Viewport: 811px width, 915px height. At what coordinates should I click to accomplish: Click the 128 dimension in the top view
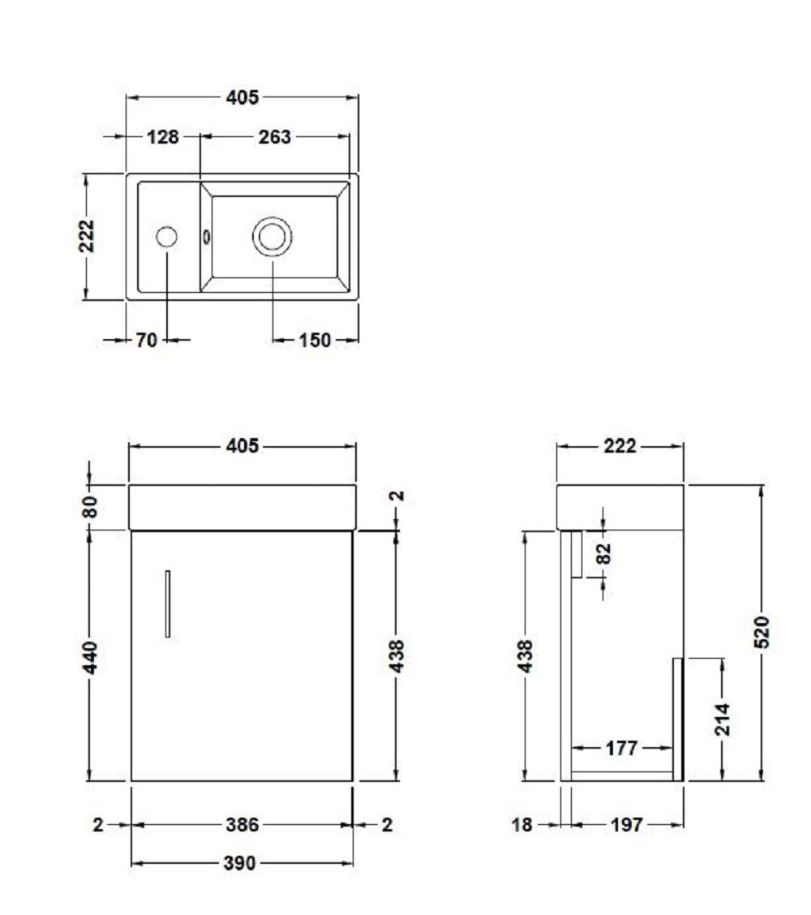(163, 136)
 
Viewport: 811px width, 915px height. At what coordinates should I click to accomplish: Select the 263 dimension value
(274, 136)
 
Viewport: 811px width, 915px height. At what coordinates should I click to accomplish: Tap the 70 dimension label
(147, 340)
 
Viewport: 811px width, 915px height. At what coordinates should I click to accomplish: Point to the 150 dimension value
(315, 340)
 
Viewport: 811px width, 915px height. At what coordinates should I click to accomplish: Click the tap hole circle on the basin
(167, 237)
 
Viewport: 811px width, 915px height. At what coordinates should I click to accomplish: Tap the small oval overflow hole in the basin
(206, 236)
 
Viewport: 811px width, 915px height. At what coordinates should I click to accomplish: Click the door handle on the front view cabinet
(168, 604)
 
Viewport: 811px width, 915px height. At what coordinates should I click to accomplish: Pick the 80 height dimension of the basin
(90, 506)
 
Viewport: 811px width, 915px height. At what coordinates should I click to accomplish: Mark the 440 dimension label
(90, 657)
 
